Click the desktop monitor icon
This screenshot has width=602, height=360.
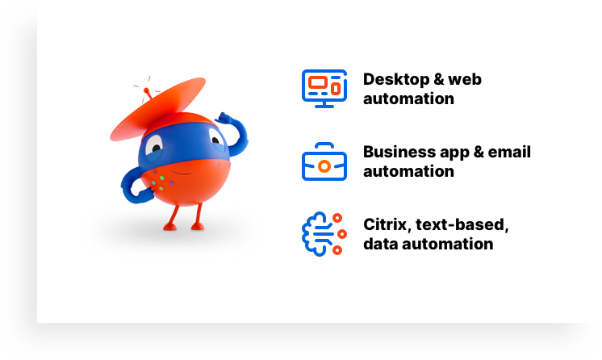(324, 88)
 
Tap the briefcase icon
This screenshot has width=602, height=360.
(324, 162)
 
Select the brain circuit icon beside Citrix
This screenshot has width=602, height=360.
(323, 233)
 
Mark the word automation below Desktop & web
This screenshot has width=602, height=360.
(408, 99)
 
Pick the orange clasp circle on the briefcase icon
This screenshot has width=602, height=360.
(324, 165)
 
